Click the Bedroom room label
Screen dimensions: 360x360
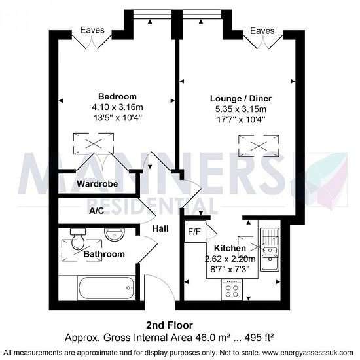[x=117, y=96]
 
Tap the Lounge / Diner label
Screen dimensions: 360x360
[x=241, y=98]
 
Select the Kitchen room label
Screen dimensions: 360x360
[x=230, y=248]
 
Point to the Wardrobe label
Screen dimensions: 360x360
[x=98, y=184]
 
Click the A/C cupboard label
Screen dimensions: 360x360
[x=97, y=211]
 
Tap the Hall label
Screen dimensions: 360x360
[x=160, y=228]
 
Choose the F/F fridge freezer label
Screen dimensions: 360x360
[x=194, y=232]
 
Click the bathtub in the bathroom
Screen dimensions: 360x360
[x=106, y=288]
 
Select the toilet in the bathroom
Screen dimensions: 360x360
[x=78, y=239]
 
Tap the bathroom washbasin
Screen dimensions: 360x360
[x=115, y=234]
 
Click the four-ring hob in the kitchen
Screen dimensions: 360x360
[x=232, y=289]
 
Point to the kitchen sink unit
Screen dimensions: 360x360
[x=270, y=250]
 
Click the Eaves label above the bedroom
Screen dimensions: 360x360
[x=92, y=30]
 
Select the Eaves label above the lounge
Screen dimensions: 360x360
[x=262, y=31]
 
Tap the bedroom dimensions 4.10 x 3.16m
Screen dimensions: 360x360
[x=117, y=107]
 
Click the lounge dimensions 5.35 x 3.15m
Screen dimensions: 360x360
[x=241, y=109]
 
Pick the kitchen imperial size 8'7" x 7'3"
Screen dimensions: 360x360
[x=230, y=269]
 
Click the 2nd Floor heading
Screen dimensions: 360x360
[x=170, y=325]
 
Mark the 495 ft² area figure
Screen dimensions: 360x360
[x=259, y=338]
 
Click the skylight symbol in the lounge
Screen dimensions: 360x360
[x=259, y=146]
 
